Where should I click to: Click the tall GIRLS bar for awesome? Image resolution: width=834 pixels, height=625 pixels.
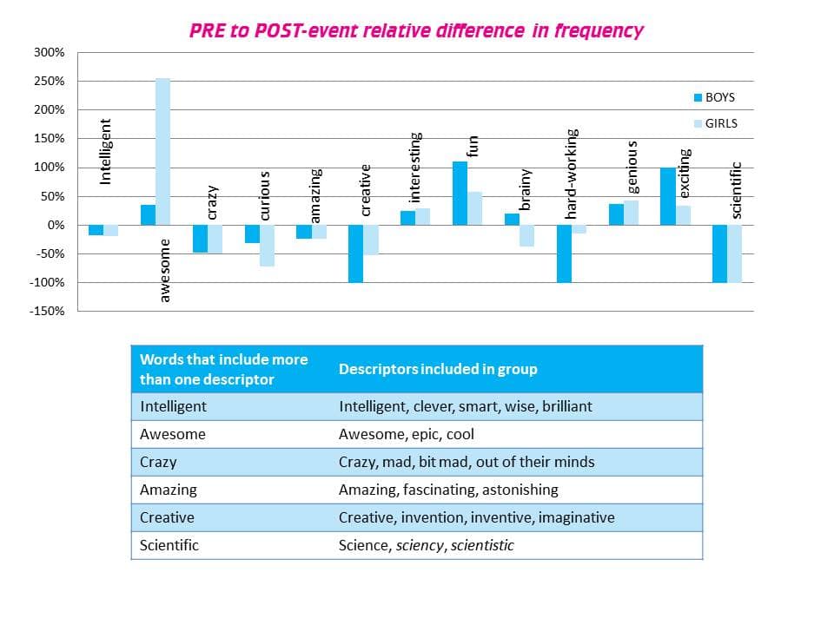[162, 152]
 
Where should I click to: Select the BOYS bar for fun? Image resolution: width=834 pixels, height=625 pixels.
[460, 193]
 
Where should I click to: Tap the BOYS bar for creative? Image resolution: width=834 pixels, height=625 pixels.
[355, 253]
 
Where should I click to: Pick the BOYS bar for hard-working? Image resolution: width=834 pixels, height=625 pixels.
[564, 253]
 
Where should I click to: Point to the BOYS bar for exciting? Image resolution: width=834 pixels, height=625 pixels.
[667, 196]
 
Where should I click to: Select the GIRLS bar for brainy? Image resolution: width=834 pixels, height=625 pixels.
[526, 235]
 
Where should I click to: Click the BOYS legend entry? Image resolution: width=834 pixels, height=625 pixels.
[714, 97]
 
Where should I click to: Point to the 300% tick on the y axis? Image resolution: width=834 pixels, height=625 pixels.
[50, 53]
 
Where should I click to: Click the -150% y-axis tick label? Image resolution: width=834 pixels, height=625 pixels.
[47, 311]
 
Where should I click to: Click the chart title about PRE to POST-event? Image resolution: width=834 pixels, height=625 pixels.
[416, 31]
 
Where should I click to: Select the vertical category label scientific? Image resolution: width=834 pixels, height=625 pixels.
[737, 190]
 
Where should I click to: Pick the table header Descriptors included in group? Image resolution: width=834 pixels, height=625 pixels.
[438, 369]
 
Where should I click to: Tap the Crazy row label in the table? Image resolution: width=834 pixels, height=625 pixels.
[158, 462]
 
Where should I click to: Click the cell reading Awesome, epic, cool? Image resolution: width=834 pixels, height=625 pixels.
[407, 434]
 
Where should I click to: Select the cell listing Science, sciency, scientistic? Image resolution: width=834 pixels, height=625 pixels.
[426, 545]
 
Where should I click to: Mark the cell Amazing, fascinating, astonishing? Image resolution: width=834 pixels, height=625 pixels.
[448, 490]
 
